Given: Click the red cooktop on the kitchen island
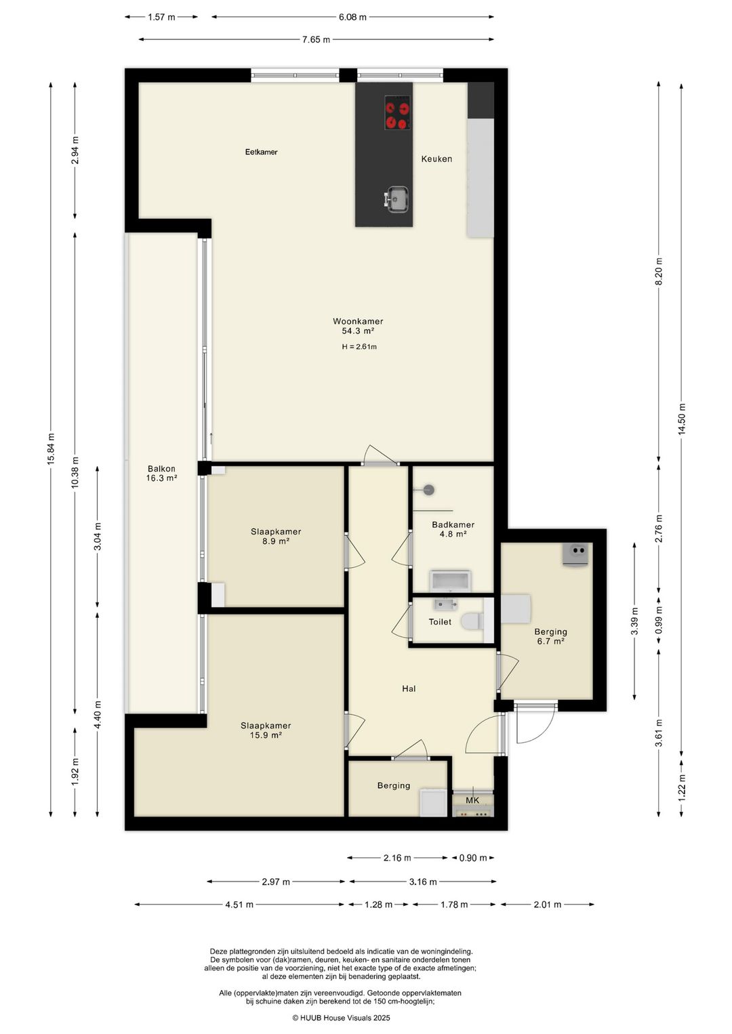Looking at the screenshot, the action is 397,112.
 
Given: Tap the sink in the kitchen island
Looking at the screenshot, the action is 396,199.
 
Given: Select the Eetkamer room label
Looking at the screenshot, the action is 261,152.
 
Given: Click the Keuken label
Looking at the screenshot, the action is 436,159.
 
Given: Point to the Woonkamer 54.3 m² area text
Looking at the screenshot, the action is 358,326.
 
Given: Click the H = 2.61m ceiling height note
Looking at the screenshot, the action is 359,347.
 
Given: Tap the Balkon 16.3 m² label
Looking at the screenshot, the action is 161,473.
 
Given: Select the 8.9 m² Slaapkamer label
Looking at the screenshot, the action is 276,536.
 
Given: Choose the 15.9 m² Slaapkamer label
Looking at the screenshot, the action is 266,730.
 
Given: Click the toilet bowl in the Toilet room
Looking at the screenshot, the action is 472,621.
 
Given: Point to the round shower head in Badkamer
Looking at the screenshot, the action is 429,490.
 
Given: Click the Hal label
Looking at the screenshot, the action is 409,688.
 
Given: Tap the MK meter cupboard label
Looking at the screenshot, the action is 472,800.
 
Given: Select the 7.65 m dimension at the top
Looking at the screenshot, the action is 317,40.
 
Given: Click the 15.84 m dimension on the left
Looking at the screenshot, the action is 51,449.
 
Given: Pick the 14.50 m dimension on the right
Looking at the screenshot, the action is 682,419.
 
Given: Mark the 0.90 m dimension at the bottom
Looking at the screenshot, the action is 473,858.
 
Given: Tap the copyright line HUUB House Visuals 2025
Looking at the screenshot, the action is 341,1018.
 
